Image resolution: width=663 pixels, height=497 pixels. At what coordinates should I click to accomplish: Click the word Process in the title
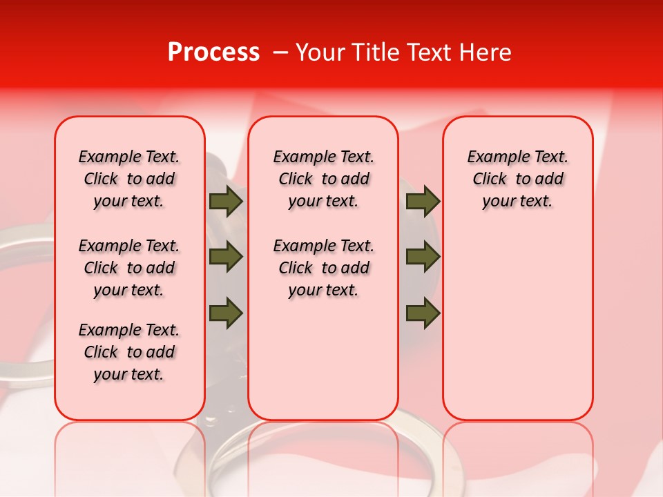point(213,52)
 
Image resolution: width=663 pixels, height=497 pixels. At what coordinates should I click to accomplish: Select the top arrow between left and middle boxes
point(226,202)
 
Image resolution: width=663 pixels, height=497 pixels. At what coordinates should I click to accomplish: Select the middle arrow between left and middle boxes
point(226,257)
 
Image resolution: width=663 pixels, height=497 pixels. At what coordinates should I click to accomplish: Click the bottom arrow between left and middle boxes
point(226,313)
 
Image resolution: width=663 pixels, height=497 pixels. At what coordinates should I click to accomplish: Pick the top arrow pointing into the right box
point(423,202)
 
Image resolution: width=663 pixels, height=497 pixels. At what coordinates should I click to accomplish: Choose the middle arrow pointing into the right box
point(423,257)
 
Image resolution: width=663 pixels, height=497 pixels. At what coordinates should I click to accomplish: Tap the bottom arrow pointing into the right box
point(423,313)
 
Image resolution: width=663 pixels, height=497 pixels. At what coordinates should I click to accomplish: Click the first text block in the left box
point(129,179)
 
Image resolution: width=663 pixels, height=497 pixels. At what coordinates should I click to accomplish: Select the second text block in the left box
point(129,268)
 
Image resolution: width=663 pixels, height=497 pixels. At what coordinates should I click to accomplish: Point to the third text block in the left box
point(129,352)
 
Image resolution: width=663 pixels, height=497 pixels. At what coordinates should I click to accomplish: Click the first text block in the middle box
point(323,179)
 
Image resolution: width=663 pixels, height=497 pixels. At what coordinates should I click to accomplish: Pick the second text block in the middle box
point(323,268)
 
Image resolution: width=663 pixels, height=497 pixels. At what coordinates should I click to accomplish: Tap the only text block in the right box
point(517,179)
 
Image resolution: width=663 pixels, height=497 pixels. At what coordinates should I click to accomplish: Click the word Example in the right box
point(494,157)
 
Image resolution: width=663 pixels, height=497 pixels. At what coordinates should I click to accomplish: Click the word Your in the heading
point(320,52)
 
